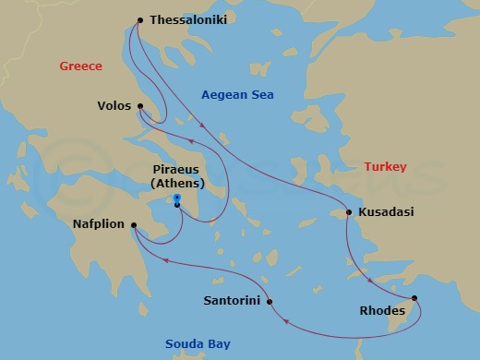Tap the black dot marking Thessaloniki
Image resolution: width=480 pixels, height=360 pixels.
[140, 19]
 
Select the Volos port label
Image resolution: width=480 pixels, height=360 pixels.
[114, 106]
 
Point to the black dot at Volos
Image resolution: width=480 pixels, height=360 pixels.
[140, 105]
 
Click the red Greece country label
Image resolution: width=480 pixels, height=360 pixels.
[80, 66]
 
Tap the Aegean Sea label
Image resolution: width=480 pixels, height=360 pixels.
[237, 95]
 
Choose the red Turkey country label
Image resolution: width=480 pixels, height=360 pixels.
[385, 167]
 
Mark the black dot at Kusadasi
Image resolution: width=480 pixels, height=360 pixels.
[349, 212]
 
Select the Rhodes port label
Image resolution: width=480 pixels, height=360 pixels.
[381, 311]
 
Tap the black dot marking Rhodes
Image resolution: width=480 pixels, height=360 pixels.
[414, 297]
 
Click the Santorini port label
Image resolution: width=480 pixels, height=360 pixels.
[232, 302]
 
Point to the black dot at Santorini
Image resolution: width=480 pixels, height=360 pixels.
[269, 302]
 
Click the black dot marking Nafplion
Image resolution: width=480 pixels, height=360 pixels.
[134, 223]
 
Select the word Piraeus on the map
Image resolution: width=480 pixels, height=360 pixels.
[177, 171]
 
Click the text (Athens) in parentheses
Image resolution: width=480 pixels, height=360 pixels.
[177, 185]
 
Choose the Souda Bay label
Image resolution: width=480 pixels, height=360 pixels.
[198, 344]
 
